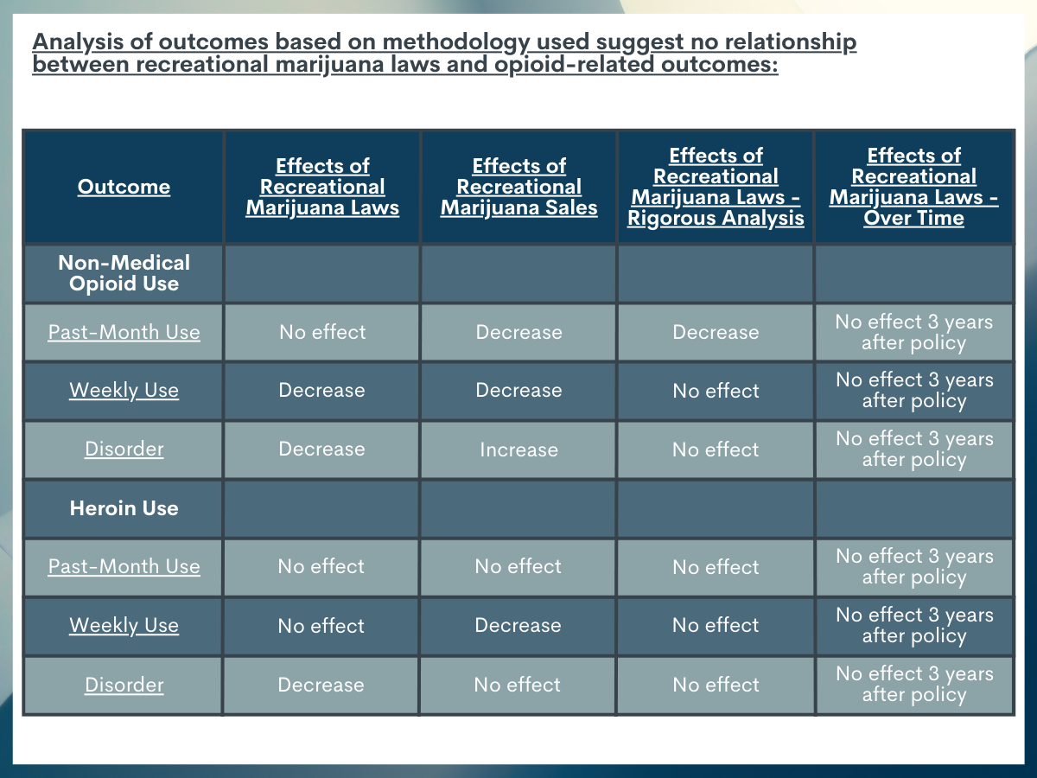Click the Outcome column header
coord(124,187)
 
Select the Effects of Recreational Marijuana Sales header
coord(518,187)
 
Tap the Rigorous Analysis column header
coord(716,187)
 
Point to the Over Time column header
coord(913,187)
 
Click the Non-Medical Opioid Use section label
coord(124,273)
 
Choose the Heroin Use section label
coord(124,508)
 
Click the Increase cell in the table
coord(518,450)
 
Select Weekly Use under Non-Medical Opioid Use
coord(124,390)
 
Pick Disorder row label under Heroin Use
coord(124,685)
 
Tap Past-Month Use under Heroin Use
coord(124,566)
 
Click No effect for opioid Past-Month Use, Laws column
coord(322,332)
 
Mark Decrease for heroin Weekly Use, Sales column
coord(518,625)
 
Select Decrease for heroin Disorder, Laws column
coord(321,685)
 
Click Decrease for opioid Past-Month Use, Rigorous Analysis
coord(716,332)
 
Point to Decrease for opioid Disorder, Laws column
coord(321,449)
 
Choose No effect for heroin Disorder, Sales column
coord(518,685)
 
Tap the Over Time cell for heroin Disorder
coord(914,684)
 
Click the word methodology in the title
coord(456,42)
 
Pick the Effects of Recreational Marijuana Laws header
coord(322,187)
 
